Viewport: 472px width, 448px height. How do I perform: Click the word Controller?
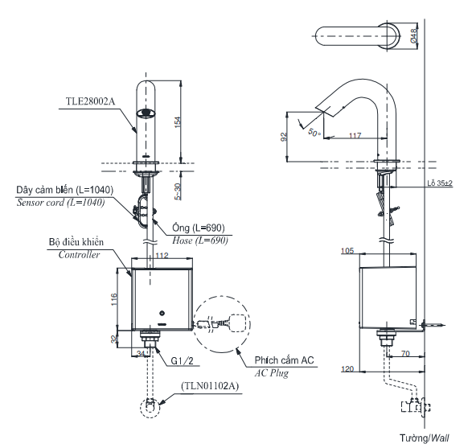[80, 254]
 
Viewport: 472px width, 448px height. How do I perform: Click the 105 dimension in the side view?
[348, 251]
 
